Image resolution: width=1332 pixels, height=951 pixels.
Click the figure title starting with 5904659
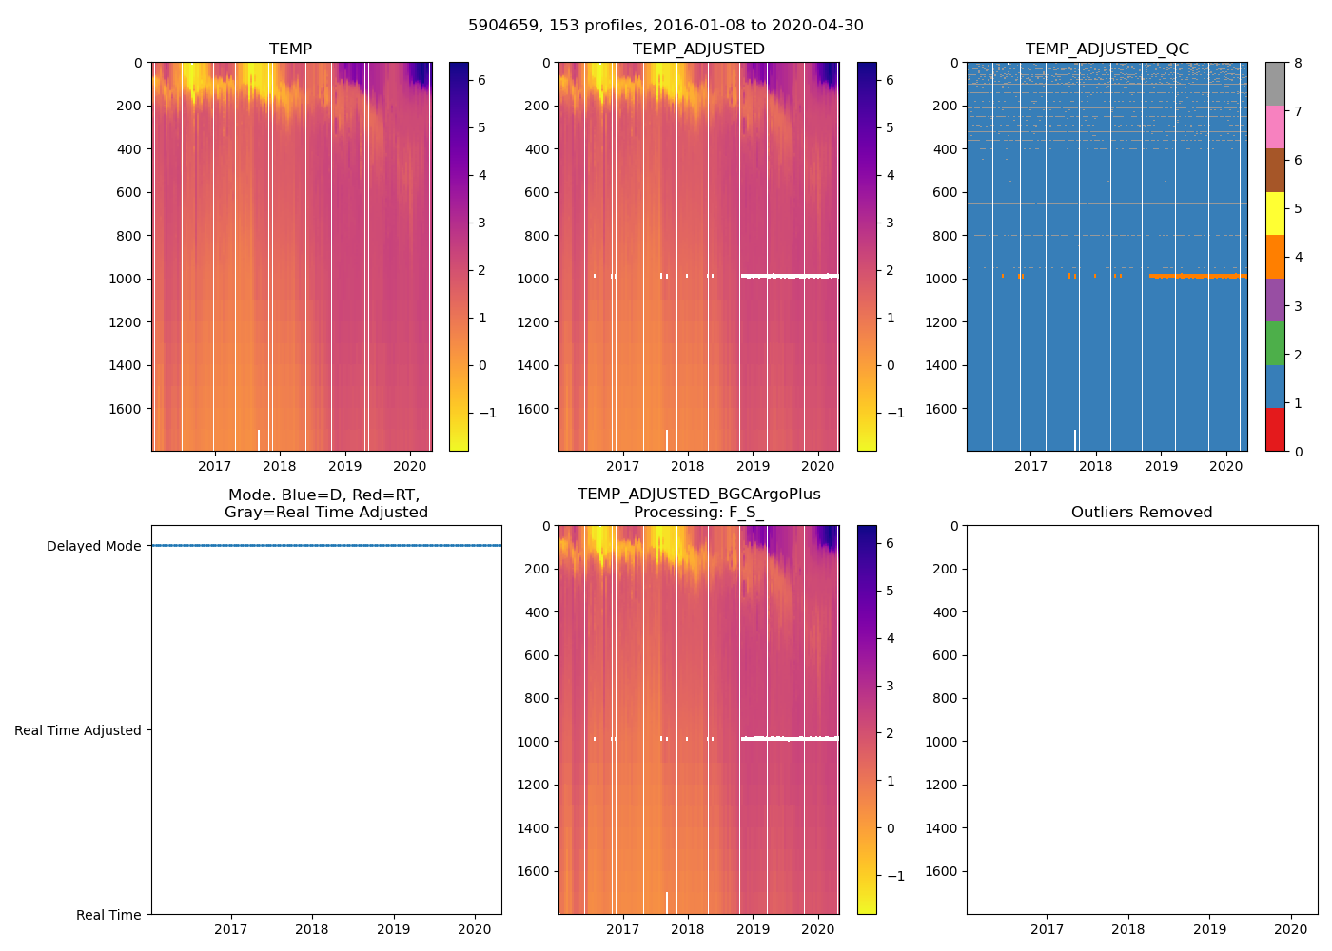point(666,26)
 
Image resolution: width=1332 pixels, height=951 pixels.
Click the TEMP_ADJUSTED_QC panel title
point(1107,49)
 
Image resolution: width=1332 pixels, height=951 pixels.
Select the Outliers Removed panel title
point(1142,513)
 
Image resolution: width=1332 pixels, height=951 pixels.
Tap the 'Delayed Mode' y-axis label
point(93,546)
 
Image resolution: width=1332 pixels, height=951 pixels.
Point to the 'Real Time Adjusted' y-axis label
point(78,730)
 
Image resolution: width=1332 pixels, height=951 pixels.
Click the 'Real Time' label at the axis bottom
point(108,915)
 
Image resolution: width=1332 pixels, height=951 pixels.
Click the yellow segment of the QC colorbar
point(1275,214)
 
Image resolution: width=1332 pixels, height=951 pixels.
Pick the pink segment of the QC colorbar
point(1275,127)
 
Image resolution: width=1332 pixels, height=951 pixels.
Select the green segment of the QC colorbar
point(1275,343)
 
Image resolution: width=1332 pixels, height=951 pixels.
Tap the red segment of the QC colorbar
point(1275,430)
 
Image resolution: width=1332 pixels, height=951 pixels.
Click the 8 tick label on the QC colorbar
point(1297,63)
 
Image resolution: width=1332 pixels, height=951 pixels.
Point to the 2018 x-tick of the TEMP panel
point(280,466)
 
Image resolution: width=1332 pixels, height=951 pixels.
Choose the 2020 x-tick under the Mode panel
point(475,929)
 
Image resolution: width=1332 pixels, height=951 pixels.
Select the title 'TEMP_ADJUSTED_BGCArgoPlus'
point(698,495)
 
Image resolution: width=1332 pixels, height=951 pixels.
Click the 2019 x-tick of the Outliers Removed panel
point(1210,929)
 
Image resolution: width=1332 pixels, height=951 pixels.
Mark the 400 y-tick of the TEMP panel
point(130,149)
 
